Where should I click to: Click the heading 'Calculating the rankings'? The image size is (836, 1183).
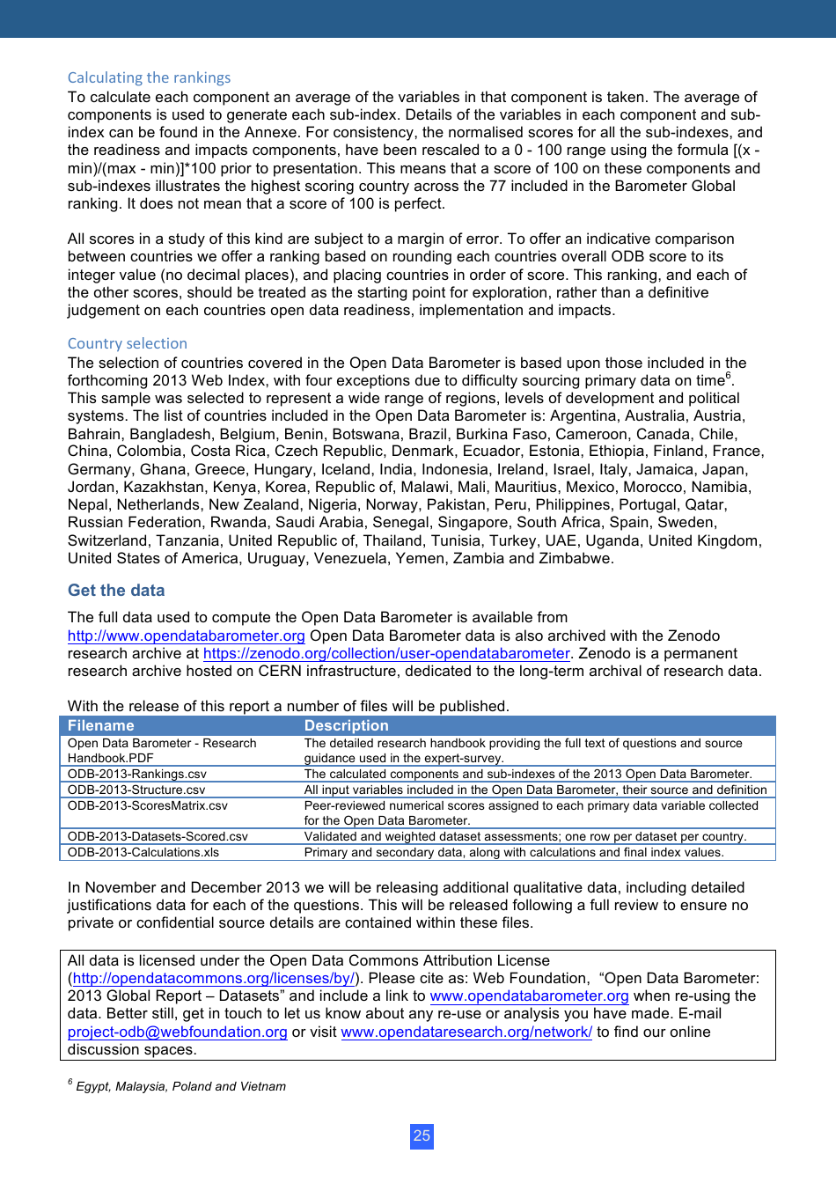point(149,77)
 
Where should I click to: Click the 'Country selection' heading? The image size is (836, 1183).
point(128,343)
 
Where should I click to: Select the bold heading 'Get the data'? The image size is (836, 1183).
point(116,591)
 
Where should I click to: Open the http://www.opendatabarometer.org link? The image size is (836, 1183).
point(187,636)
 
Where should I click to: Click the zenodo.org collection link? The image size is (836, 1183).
point(386,653)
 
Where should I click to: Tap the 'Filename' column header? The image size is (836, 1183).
point(101,725)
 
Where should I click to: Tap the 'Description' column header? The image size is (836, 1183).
point(346,725)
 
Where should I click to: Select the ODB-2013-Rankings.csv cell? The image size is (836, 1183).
point(137,774)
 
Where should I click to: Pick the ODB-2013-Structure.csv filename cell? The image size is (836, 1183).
point(136,790)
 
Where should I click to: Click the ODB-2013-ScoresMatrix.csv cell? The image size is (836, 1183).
point(148,805)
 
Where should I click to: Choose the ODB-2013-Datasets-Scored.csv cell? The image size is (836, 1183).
point(158,836)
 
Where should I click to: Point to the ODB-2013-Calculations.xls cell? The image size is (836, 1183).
point(143,852)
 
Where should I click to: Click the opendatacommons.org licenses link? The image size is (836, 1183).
point(214,979)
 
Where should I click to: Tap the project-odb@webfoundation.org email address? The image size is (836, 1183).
point(178,1032)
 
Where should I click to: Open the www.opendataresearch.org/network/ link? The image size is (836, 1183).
point(466,1032)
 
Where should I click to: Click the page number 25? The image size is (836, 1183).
point(422,1135)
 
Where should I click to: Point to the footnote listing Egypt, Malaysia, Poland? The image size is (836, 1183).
point(180,1086)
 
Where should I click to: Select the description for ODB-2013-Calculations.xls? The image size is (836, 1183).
point(514,852)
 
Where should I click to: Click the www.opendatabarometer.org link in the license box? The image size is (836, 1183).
point(529,996)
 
